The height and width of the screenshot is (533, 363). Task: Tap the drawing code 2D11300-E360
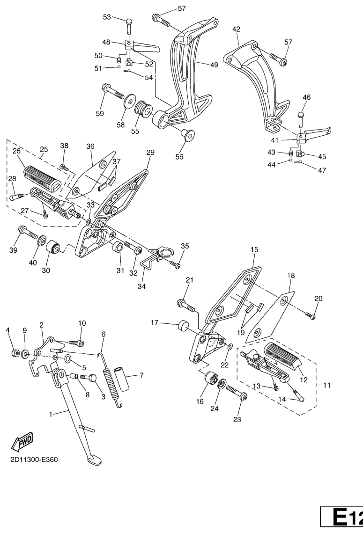(34, 460)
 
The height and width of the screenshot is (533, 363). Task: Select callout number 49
(214, 65)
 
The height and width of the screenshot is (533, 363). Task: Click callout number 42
(236, 29)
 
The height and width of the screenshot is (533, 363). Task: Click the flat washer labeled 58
(129, 101)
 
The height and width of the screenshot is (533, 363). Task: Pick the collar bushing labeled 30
(53, 247)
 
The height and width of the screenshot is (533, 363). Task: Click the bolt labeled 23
(237, 392)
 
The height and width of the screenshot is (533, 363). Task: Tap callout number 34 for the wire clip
(141, 286)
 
